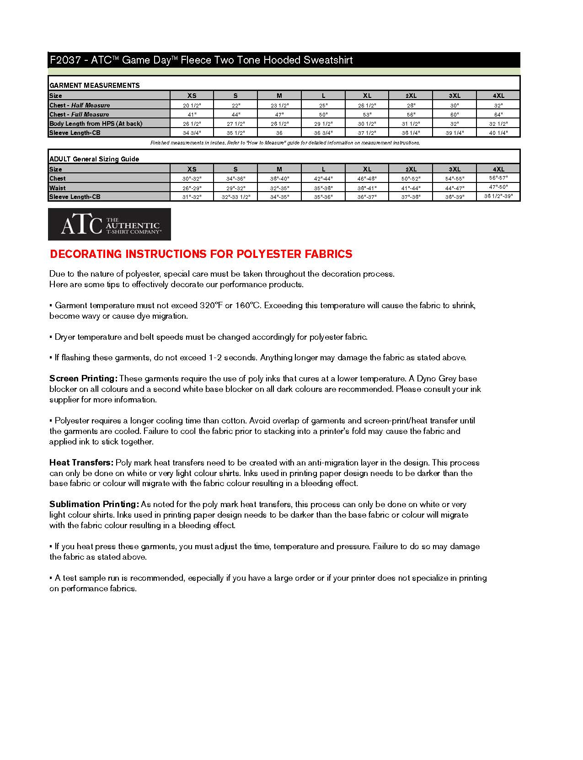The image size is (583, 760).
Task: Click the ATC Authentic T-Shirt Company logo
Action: coord(109,224)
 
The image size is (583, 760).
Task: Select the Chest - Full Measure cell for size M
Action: coord(279,114)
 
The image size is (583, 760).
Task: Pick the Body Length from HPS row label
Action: coord(96,123)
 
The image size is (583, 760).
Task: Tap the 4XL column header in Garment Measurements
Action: coord(498,96)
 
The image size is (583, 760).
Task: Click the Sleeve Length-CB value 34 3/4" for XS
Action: coord(192,133)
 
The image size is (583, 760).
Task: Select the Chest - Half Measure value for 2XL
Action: coord(411,105)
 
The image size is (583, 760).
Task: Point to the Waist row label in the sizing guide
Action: coord(58,187)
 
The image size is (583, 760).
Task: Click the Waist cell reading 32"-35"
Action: coord(279,187)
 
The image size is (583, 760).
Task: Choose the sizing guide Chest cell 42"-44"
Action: coord(323,178)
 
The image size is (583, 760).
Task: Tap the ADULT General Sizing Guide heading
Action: coord(94,159)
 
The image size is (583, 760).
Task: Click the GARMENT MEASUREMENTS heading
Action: coord(94,85)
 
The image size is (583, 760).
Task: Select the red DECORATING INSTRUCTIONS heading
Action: coord(201,254)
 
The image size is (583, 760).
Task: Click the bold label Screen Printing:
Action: coord(83,379)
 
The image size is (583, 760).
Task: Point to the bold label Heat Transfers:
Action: coord(81,463)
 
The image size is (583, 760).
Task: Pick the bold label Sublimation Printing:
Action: coord(94,504)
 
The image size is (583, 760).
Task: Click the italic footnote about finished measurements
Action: coord(284,143)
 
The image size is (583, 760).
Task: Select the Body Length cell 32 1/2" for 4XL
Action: coord(498,123)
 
